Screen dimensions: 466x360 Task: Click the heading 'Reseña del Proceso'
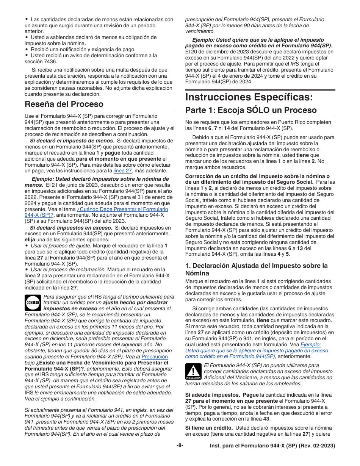point(64,104)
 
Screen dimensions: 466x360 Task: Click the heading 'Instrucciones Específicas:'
point(249,97)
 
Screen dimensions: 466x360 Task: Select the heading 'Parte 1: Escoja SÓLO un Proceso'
point(251,110)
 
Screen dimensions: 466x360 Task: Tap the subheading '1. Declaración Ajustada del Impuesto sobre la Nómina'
point(256,269)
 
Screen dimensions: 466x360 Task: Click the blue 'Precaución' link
point(154,357)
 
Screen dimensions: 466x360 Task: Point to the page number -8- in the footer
point(180,446)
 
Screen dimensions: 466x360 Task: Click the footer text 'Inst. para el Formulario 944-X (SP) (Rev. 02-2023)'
point(272,446)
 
